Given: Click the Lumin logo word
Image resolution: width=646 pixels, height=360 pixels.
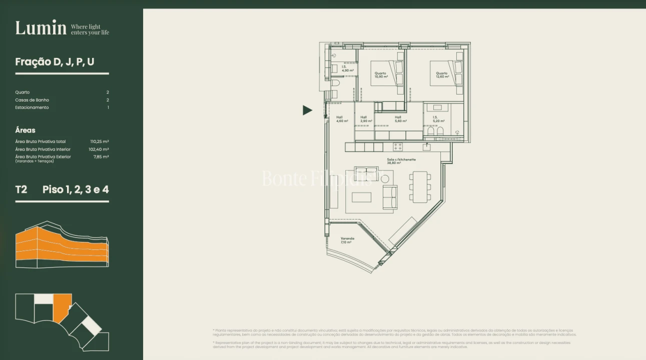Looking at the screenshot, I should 41,28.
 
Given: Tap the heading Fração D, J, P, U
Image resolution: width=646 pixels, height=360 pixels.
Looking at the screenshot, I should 55,62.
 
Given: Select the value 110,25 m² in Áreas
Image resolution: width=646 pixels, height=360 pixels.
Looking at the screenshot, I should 100,141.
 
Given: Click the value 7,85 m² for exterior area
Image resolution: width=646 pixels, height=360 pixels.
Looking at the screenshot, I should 101,157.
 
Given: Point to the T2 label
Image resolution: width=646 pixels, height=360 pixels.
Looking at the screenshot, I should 21,189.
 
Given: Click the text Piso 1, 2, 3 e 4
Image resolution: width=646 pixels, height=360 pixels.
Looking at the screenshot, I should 76,189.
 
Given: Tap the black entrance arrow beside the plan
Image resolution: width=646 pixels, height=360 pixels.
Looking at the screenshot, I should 307,110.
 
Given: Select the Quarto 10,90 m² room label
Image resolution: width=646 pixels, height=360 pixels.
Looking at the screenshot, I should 381,75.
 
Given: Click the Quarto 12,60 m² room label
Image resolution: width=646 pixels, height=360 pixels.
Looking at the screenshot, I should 442,75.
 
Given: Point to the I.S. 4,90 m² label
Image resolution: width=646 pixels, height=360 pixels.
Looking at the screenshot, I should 348,68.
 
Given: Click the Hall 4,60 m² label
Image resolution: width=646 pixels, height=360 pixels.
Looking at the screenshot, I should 342,119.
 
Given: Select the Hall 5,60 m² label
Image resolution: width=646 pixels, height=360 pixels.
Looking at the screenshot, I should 400,119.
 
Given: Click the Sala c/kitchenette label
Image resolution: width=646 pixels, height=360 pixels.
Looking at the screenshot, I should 401,161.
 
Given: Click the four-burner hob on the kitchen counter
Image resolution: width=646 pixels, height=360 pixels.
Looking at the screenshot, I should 398,147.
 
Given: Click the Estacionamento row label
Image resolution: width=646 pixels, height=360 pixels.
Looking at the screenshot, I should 32,107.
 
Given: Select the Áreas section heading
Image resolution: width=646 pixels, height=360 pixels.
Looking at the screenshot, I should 25,130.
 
